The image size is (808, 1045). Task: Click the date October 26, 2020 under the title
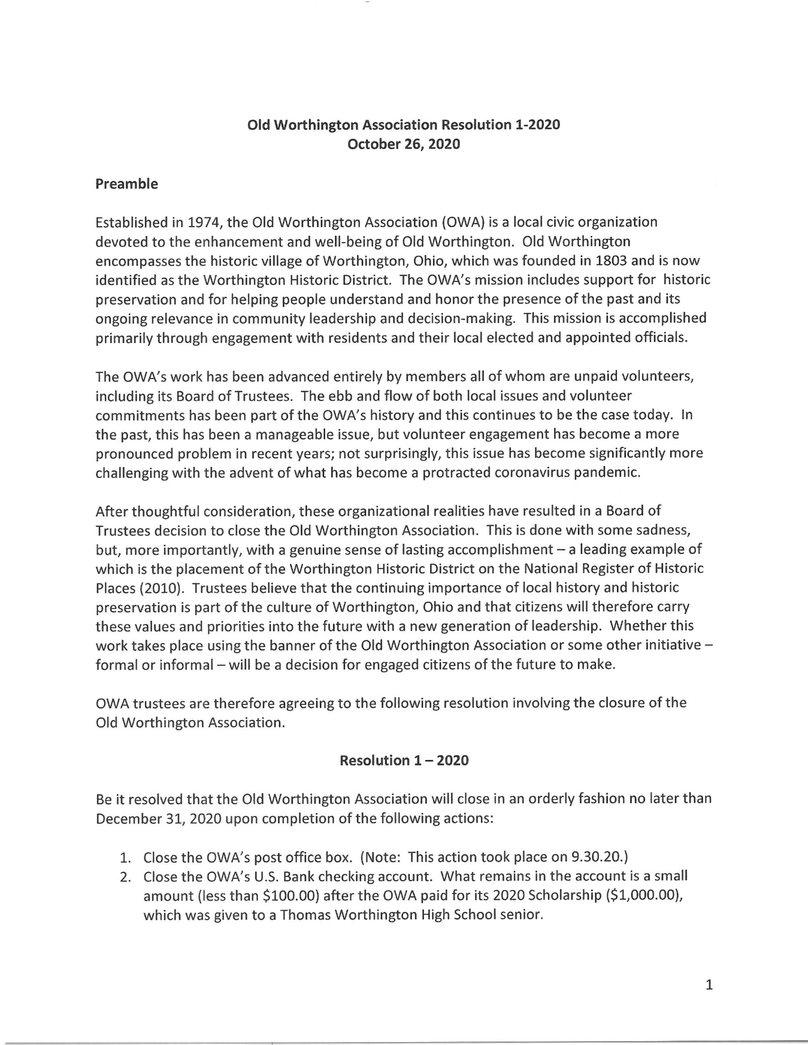[x=403, y=144]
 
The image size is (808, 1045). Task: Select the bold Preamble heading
[x=126, y=184]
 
